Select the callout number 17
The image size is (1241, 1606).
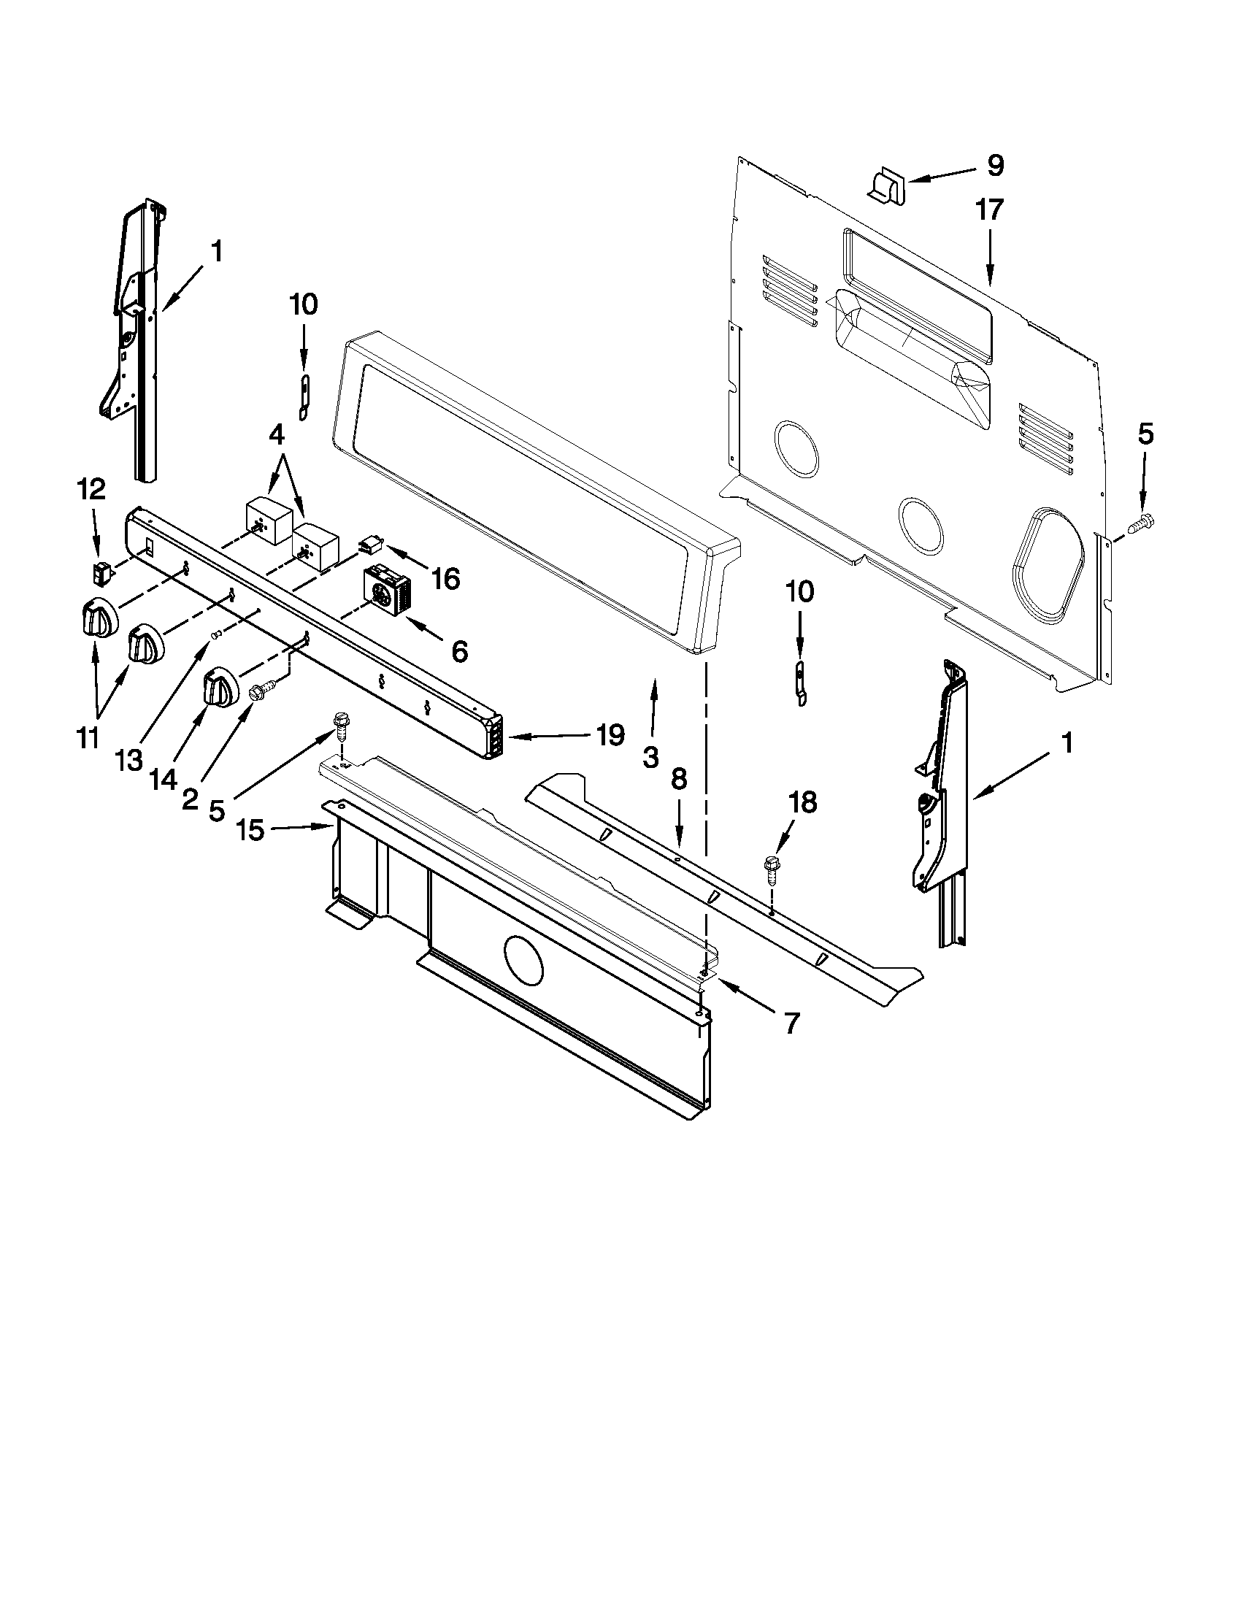click(990, 210)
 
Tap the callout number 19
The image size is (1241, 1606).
click(611, 734)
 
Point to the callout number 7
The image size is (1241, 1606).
click(791, 1023)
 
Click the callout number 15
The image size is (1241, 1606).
click(250, 831)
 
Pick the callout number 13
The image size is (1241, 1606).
click(128, 761)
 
